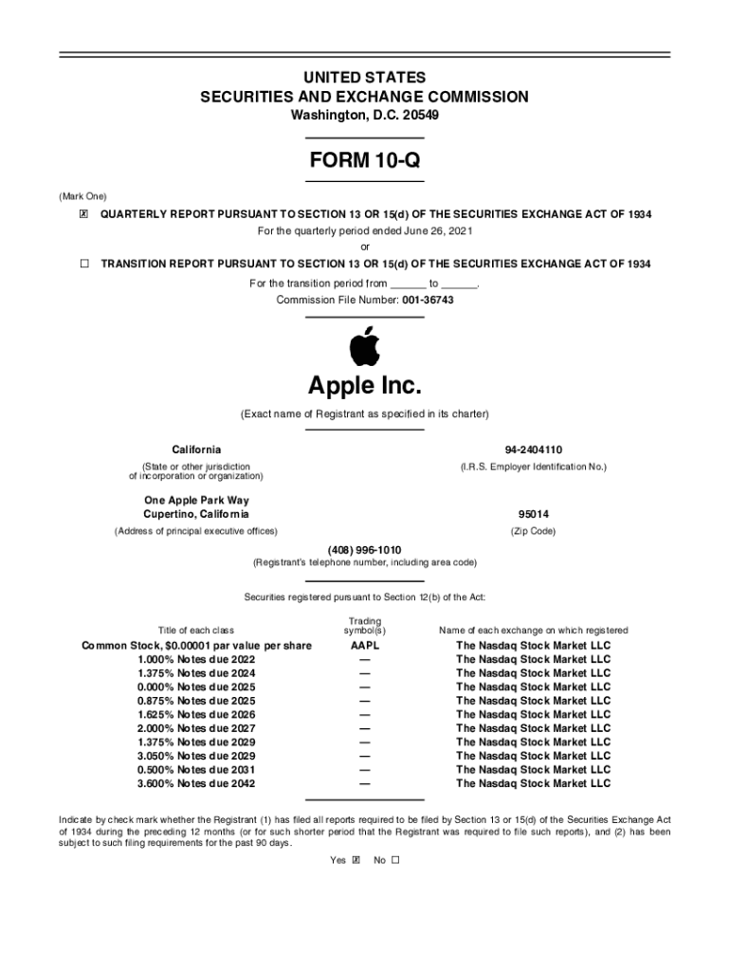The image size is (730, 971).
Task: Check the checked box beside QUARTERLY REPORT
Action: click(83, 214)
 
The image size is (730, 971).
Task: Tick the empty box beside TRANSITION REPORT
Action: click(83, 264)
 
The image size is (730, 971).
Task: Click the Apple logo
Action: click(364, 346)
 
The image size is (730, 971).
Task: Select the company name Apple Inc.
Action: click(364, 386)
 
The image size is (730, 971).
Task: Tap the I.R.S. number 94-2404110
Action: click(533, 449)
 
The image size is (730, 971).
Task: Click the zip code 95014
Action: click(533, 514)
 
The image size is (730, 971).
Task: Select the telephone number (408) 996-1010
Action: click(364, 550)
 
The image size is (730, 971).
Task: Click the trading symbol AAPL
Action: click(364, 646)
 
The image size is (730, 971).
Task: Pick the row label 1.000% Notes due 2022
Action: click(196, 659)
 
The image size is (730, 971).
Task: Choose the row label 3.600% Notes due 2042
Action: click(196, 784)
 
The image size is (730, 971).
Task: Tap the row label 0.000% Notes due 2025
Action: click(196, 687)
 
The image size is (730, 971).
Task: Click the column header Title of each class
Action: click(196, 631)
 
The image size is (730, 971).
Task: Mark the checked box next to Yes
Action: click(356, 861)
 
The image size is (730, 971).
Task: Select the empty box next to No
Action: click(395, 861)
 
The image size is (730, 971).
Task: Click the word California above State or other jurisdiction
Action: click(196, 449)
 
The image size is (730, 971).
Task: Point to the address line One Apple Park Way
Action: click(196, 500)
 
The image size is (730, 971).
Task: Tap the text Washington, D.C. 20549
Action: click(364, 115)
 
